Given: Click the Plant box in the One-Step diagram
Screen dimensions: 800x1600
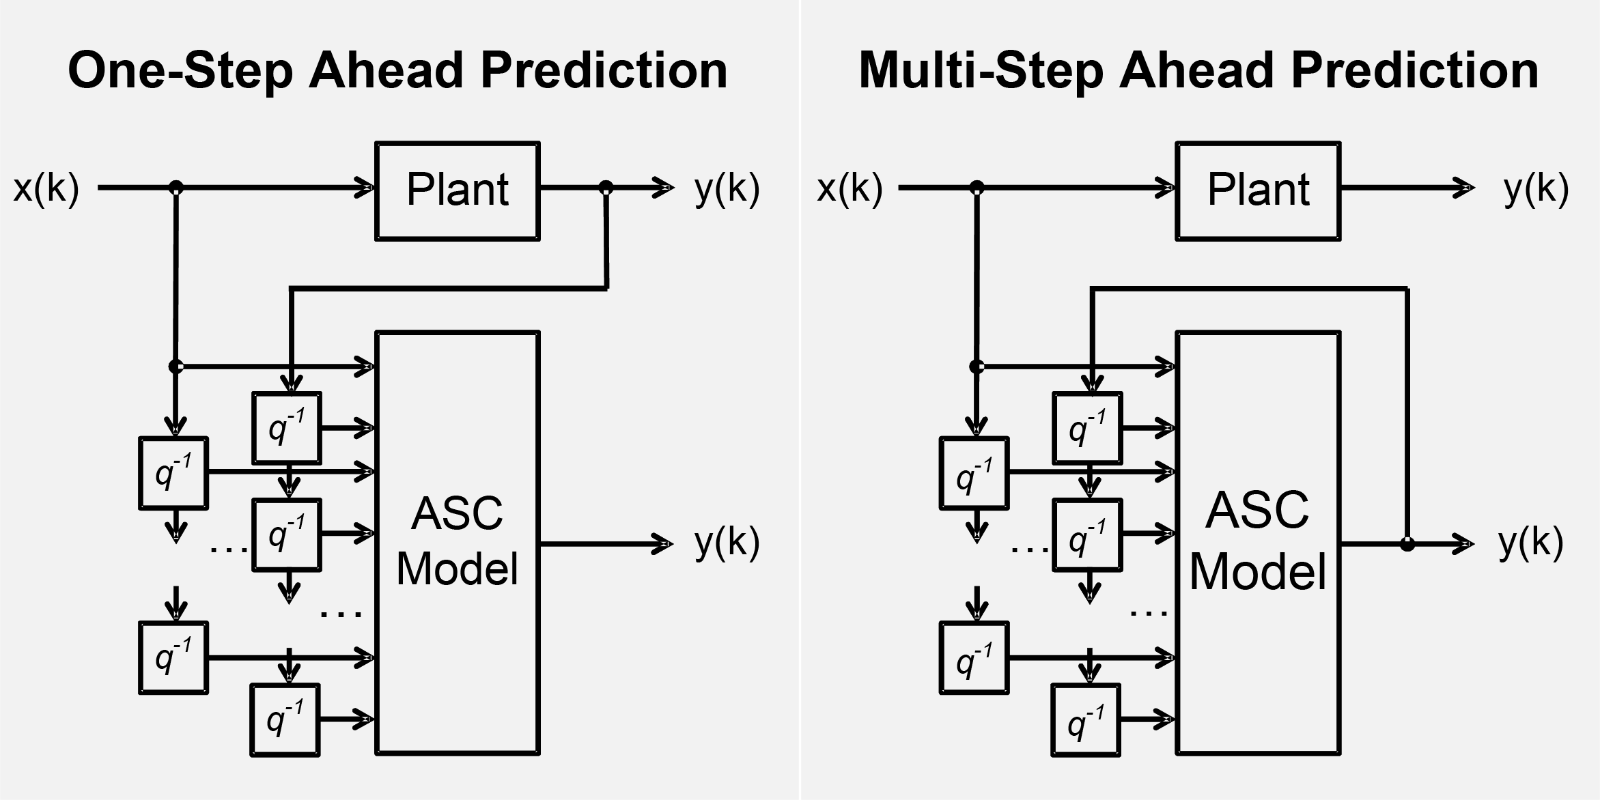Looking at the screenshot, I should [458, 190].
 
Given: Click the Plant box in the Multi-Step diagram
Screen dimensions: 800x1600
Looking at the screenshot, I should [1258, 190].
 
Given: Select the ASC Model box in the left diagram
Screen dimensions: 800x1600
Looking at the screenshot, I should [458, 543].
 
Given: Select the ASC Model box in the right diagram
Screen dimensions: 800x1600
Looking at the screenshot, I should [1258, 543].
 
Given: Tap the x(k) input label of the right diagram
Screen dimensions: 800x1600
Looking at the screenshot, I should [850, 188].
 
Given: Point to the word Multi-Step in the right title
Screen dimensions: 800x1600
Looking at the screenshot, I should [981, 71].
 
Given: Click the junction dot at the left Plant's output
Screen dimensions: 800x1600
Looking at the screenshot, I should [606, 187].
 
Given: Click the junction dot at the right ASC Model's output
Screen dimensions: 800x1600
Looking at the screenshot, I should [1407, 544].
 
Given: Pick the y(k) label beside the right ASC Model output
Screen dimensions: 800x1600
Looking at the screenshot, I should [1530, 543].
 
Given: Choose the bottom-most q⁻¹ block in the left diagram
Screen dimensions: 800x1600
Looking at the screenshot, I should [285, 719].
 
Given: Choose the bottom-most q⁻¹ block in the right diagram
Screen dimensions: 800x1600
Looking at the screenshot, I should [1086, 719].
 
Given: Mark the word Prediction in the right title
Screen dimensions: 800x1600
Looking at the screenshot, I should [1415, 71].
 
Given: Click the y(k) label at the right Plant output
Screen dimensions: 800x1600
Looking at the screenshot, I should [1536, 188].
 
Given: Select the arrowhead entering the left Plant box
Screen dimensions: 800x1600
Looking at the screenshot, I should [365, 187].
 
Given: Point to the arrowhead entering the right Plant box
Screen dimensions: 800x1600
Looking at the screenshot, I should [1166, 187].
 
